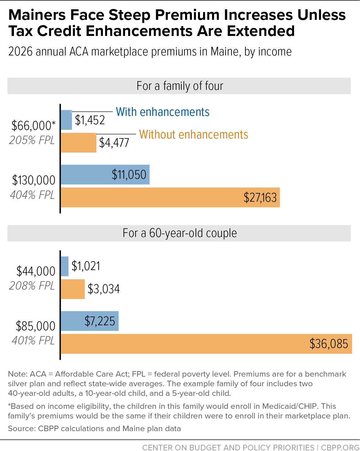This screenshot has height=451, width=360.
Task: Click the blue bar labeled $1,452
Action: pos(66,120)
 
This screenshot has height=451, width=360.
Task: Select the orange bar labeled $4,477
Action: pos(79,142)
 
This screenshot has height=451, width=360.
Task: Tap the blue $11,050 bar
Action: pos(105,175)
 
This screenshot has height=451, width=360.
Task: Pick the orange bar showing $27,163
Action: pos(170,197)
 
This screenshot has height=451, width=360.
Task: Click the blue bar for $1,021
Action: pos(65,266)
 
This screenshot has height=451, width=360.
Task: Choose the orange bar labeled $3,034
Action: pos(73,289)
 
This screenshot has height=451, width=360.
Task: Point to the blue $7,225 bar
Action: pos(90,321)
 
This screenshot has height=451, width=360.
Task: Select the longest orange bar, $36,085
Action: pos(206,344)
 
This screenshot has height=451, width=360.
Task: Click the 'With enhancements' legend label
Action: pos(163,112)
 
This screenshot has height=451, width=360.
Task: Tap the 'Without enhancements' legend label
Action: pos(194,134)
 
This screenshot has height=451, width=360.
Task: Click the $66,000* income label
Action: pos(33,126)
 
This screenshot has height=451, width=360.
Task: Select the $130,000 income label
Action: pos(34,180)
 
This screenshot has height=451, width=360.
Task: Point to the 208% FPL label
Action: pos(32,286)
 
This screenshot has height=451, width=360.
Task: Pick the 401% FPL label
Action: pos(33,340)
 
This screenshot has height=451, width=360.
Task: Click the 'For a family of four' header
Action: pos(180,86)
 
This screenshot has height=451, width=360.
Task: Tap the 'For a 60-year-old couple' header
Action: pos(180,233)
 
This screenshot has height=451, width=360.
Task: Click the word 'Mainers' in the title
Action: pos(37,15)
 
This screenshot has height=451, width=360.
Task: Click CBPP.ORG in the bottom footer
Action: pos(340,447)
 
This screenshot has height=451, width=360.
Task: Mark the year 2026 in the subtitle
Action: pos(20,51)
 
